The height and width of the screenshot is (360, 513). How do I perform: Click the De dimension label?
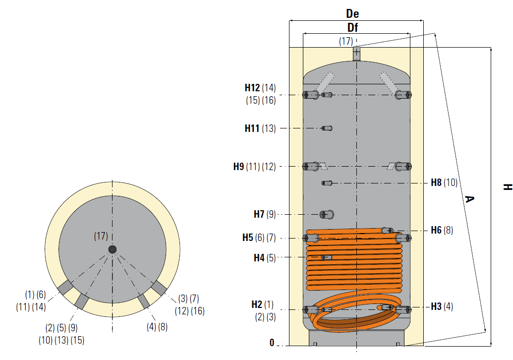click(x=352, y=14)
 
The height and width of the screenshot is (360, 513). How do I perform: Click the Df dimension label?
click(x=352, y=27)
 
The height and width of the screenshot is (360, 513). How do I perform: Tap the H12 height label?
click(x=252, y=88)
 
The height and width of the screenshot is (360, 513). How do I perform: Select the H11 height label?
click(x=252, y=128)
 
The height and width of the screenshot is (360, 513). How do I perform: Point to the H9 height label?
click(x=238, y=167)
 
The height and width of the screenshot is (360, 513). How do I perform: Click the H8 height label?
click(x=436, y=182)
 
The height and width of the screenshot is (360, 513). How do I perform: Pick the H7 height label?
click(x=259, y=214)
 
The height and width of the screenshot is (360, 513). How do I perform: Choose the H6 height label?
click(x=436, y=230)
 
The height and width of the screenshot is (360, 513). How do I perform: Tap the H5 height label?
click(x=248, y=238)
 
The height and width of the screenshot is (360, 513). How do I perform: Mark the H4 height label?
click(x=259, y=258)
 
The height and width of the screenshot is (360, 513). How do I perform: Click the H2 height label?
click(x=257, y=304)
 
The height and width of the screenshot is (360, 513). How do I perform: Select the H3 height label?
click(x=436, y=306)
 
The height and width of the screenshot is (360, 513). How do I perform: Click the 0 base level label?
click(x=272, y=342)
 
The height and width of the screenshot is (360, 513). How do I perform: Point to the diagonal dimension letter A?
click(x=469, y=199)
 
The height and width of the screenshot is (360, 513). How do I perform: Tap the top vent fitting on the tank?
click(x=356, y=54)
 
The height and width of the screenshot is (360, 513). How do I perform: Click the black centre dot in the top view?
click(x=112, y=249)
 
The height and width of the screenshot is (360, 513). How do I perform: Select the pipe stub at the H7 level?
click(x=327, y=215)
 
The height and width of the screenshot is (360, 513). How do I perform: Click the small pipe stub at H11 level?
click(x=327, y=128)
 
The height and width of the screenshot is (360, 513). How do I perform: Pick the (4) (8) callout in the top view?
click(x=157, y=327)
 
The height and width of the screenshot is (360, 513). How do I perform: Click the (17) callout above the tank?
click(x=346, y=41)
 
